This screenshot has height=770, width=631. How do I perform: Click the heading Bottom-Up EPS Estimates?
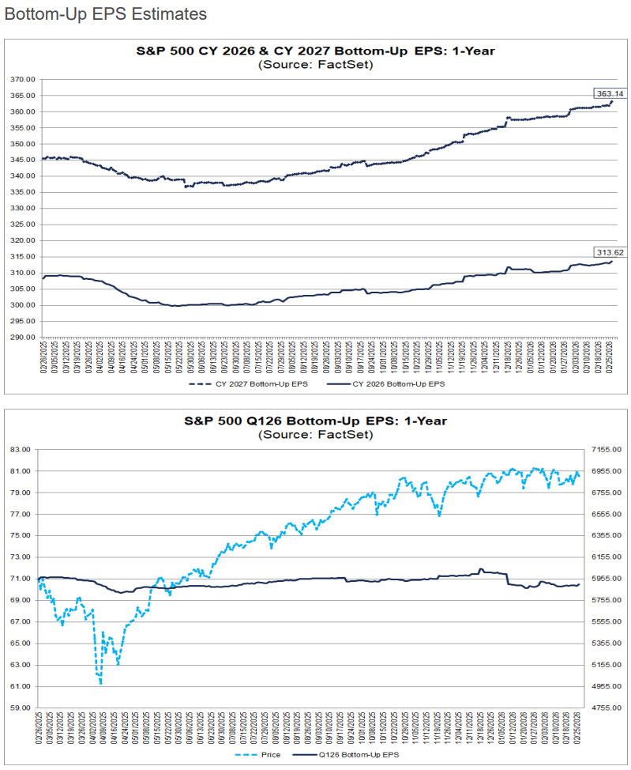click(x=105, y=14)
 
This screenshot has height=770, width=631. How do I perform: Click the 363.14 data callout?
click(x=605, y=92)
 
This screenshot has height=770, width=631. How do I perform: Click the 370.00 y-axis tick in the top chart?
click(x=22, y=79)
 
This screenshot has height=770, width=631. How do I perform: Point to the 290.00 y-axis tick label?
click(x=22, y=338)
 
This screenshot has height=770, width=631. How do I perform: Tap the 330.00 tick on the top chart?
click(x=22, y=209)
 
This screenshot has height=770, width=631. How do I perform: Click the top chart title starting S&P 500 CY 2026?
click(x=316, y=51)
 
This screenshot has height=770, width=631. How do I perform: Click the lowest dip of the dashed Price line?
click(x=101, y=683)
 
